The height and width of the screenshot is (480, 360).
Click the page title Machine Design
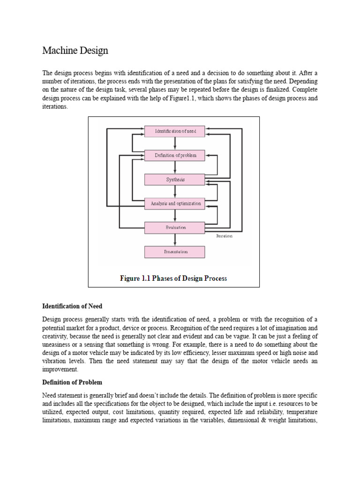click(75, 50)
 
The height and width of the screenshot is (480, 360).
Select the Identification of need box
click(174, 131)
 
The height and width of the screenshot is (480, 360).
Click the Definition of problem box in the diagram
click(174, 156)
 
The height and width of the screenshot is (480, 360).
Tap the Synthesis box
click(174, 180)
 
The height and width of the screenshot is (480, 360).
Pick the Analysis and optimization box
click(174, 203)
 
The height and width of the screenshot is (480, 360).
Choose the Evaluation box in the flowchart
click(174, 228)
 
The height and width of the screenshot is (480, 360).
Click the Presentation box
click(174, 252)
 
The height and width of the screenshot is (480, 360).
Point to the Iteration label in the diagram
click(224, 236)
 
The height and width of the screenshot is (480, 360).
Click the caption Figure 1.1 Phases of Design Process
click(173, 278)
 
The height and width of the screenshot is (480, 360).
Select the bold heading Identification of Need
click(72, 307)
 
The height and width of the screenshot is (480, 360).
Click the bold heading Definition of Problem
click(72, 382)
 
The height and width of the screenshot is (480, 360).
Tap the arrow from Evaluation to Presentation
click(175, 240)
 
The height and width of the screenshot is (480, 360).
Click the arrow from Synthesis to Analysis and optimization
click(175, 191)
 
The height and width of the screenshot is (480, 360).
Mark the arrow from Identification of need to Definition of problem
click(175, 143)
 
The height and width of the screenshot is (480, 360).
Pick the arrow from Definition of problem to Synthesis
click(175, 167)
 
